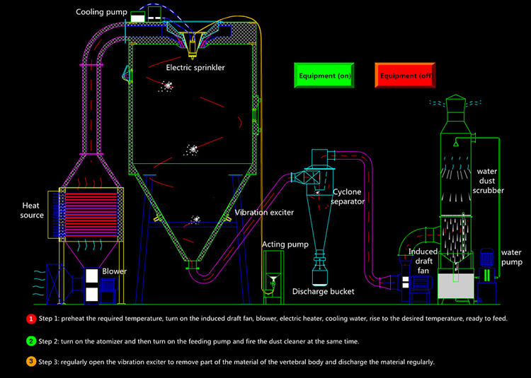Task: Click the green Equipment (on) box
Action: pyautogui.click(x=323, y=74)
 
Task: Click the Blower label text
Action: pyautogui.click(x=115, y=271)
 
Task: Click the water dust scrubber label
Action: pyautogui.click(x=490, y=180)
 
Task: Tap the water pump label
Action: pyautogui.click(x=510, y=257)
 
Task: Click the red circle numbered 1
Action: pyautogui.click(x=30, y=319)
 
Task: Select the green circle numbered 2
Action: pyautogui.click(x=30, y=341)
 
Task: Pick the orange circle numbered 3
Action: pyautogui.click(x=30, y=362)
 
